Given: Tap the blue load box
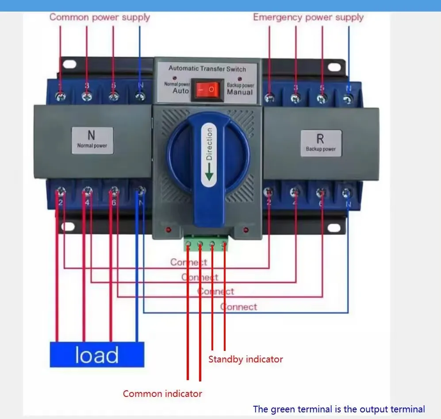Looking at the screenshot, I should coord(97,354).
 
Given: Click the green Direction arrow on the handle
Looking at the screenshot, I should coord(209,172).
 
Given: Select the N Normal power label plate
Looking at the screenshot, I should coord(92,140).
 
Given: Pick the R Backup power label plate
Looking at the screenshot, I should coord(321,143).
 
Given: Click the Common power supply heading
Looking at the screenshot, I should coord(100,17).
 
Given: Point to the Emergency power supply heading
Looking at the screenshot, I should coord(308,17).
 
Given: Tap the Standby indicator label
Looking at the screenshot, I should coord(245,359).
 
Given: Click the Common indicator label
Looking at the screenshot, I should coord(162,393).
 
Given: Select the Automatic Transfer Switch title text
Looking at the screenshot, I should coord(207,69).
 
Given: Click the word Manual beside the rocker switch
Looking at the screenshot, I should coord(240,92).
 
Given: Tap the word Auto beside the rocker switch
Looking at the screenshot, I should coord(180,91).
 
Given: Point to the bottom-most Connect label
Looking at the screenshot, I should coord(239,306).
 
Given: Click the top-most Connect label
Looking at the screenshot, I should coord(189,262).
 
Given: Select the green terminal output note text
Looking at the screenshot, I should coord(339,409).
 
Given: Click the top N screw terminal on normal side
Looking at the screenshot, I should coord(140,96).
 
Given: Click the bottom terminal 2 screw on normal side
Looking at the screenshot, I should coord(60,192).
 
